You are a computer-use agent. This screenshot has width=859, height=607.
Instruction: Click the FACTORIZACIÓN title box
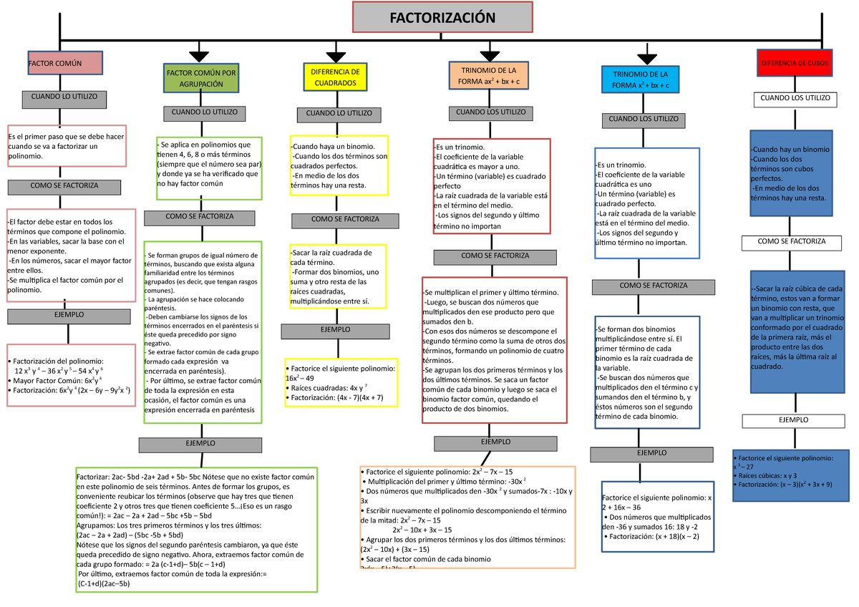click(x=442, y=17)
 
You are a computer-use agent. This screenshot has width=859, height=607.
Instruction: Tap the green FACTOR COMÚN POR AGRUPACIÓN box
click(x=200, y=78)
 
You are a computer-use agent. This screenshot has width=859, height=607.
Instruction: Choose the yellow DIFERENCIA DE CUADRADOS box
click(x=335, y=77)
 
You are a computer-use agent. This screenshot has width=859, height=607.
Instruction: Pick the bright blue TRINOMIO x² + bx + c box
click(x=641, y=79)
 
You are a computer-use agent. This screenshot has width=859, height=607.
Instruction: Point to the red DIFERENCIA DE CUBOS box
click(x=795, y=63)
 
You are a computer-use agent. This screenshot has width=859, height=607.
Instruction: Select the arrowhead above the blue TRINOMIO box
click(x=646, y=59)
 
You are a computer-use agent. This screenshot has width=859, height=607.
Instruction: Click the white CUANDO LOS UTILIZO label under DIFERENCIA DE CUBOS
click(x=795, y=99)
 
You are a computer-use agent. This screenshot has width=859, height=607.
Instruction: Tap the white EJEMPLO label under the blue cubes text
click(x=792, y=421)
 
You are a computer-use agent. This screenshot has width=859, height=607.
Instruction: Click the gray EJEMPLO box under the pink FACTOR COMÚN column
click(x=69, y=316)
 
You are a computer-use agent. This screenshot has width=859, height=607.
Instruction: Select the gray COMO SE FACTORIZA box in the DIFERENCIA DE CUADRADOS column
click(x=346, y=220)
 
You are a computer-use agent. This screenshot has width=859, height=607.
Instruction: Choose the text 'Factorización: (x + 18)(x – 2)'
click(x=651, y=536)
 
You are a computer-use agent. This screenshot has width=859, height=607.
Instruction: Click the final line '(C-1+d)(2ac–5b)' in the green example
click(x=114, y=583)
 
